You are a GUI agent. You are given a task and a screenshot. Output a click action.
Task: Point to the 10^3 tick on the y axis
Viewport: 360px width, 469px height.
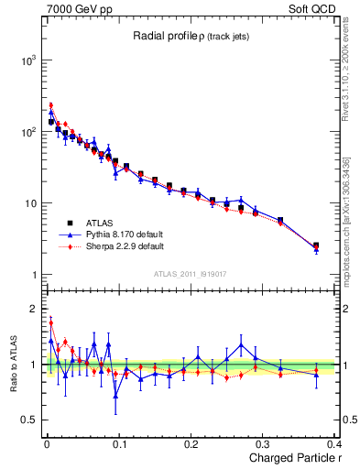pos(27,60)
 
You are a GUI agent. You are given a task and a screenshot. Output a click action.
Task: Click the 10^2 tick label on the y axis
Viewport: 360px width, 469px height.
pos(27,132)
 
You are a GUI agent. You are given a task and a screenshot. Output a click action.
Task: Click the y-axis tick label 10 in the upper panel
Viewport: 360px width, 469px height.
pos(29,203)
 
